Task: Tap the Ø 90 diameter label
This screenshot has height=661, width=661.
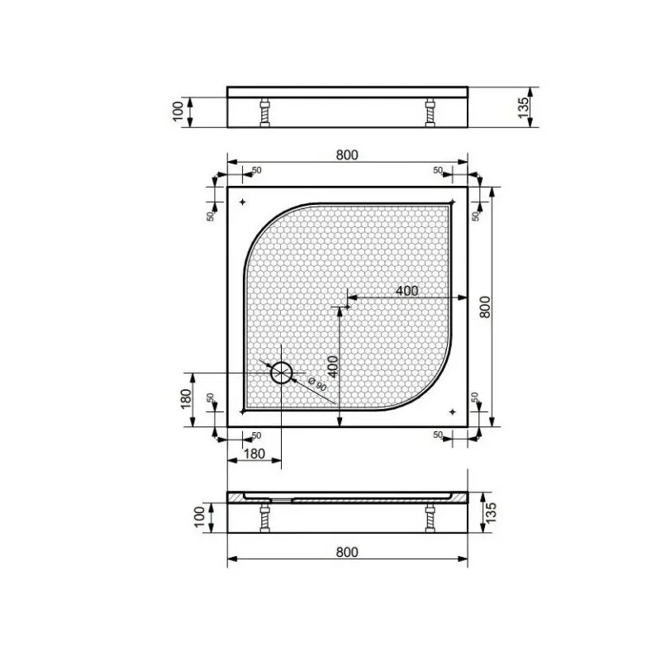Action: (x=317, y=383)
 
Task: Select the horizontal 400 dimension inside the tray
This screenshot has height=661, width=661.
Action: (x=407, y=291)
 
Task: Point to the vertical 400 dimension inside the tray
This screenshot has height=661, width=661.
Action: (x=333, y=367)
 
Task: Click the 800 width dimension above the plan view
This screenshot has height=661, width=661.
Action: (x=347, y=155)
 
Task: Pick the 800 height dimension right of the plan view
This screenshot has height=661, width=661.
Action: (x=485, y=307)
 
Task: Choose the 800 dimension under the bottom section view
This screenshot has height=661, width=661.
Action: (x=347, y=552)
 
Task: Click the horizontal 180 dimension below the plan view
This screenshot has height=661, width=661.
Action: (x=254, y=454)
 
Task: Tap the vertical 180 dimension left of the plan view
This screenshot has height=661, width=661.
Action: (x=186, y=399)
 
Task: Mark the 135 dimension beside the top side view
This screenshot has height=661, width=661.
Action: (x=523, y=107)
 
